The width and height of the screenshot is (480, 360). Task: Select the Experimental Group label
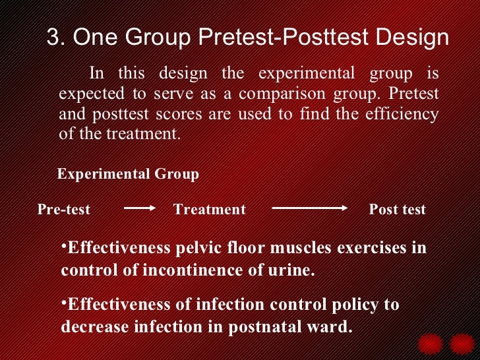tap(128, 174)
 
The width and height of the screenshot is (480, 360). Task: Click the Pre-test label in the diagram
tap(64, 210)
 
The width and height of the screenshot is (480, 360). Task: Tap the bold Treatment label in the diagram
tap(209, 210)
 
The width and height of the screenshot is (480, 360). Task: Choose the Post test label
tap(397, 210)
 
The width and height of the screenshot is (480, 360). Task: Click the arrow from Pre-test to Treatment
tap(138, 208)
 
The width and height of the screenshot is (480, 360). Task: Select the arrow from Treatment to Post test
tap(309, 208)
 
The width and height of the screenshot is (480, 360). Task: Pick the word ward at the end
tap(329, 327)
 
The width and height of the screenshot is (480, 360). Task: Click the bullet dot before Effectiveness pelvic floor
tap(64, 246)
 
